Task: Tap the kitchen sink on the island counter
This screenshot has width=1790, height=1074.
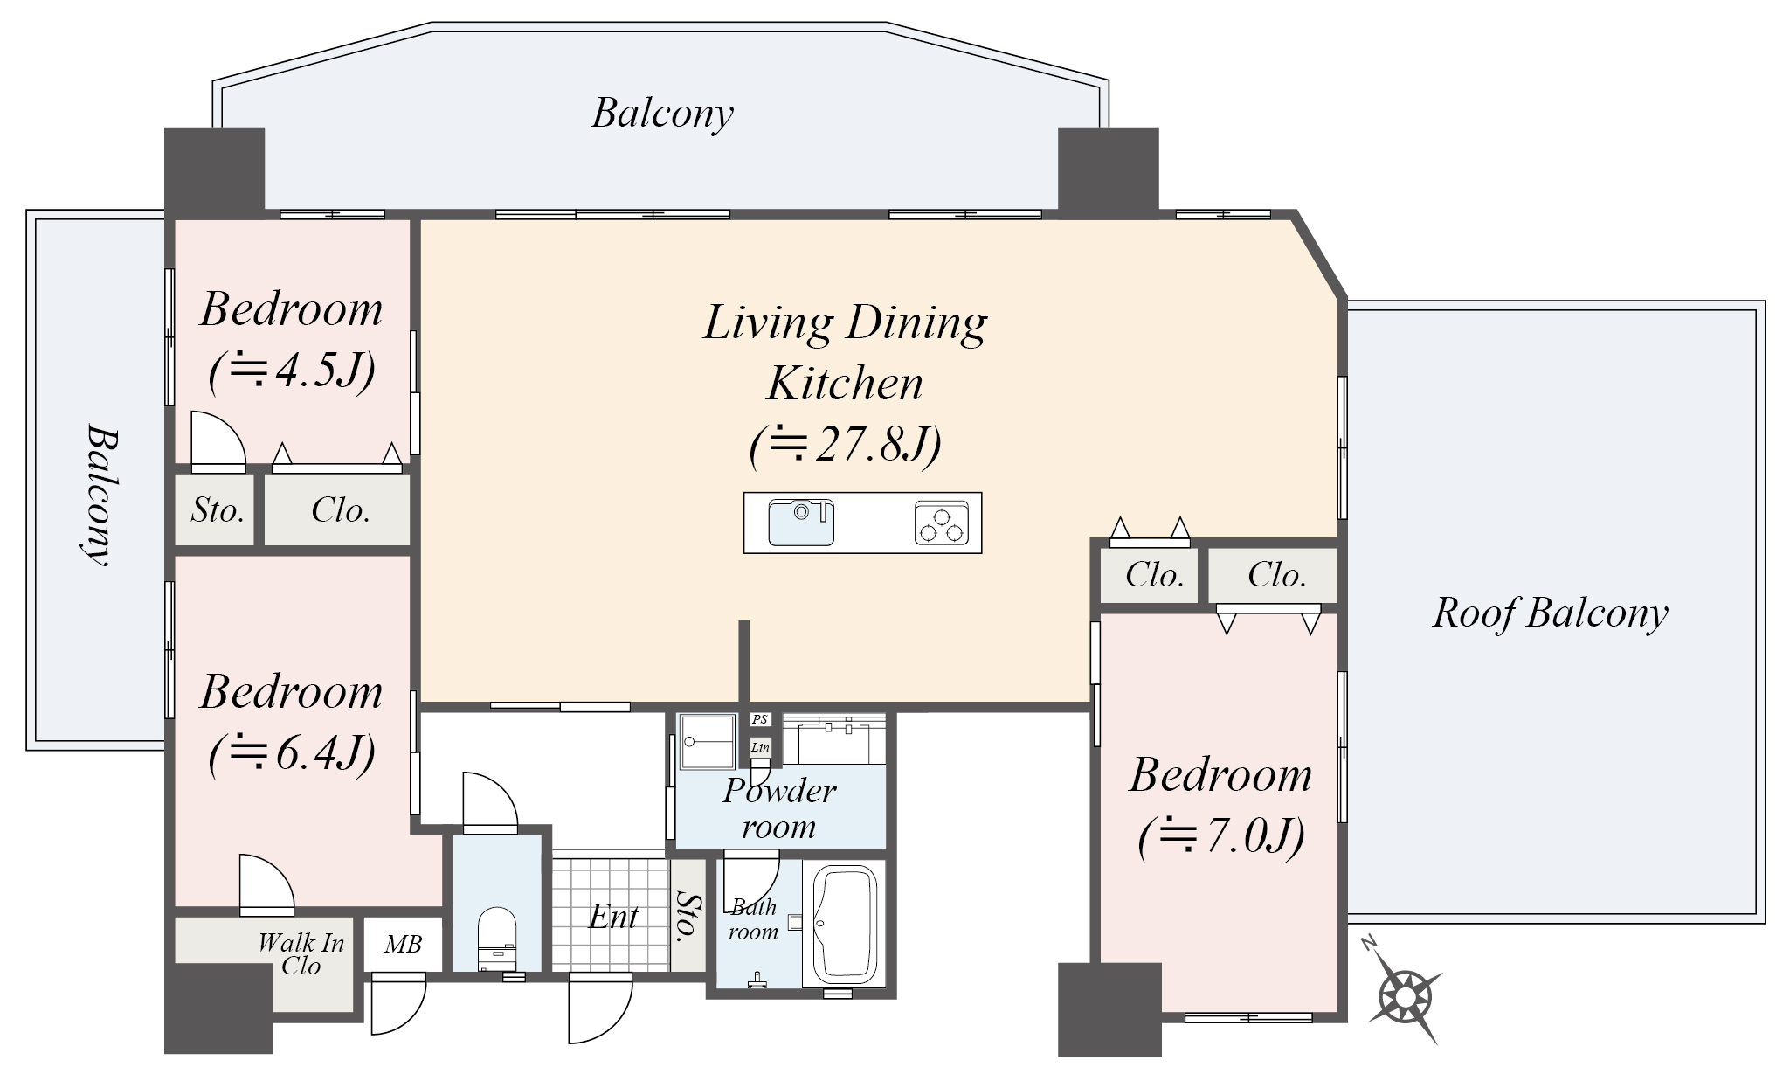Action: (801, 522)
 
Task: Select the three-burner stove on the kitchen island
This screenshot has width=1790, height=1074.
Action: (942, 523)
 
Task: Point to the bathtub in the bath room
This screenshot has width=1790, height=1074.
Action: (845, 925)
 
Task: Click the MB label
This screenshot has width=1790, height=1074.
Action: (404, 944)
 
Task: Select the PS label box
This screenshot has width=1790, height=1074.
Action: (760, 719)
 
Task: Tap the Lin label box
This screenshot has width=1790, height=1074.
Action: (760, 747)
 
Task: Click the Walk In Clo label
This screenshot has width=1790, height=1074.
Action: (301, 953)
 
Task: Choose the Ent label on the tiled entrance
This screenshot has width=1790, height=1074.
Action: (613, 917)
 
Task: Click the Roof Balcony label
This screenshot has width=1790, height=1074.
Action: (1551, 613)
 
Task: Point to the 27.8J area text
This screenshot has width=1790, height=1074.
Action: (846, 445)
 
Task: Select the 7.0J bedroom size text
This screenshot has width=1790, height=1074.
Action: (1221, 835)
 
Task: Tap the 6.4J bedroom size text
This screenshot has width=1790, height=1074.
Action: (292, 752)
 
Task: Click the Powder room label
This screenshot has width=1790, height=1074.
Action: (779, 808)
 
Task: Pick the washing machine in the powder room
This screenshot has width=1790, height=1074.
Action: (708, 741)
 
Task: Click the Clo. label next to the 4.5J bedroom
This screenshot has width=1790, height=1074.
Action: (341, 510)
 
